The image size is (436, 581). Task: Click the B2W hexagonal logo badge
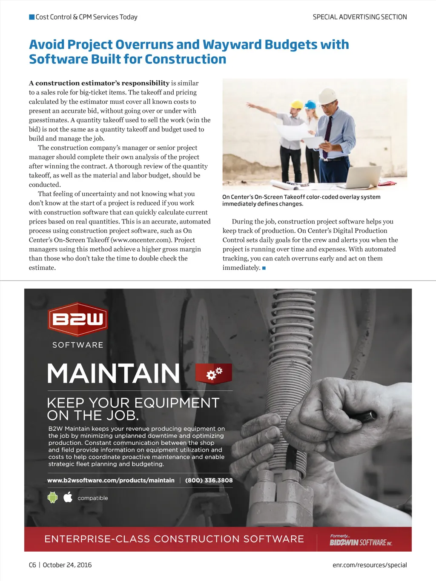pyautogui.click(x=77, y=319)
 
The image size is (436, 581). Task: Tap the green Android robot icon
pyautogui.click(x=52, y=497)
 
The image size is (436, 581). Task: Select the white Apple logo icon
pyautogui.click(x=68, y=497)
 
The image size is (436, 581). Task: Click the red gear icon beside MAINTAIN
pyautogui.click(x=214, y=373)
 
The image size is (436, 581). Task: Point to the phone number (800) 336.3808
pyautogui.click(x=209, y=480)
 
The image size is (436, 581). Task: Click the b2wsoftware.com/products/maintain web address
pyautogui.click(x=111, y=480)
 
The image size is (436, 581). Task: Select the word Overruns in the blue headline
pyautogui.click(x=144, y=44)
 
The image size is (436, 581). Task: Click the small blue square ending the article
pyautogui.click(x=264, y=268)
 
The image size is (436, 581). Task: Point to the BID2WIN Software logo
pyautogui.click(x=361, y=541)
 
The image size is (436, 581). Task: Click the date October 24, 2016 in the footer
pyautogui.click(x=67, y=565)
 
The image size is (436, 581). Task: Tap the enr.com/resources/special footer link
pyautogui.click(x=370, y=565)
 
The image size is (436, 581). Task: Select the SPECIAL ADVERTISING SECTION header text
pyautogui.click(x=360, y=17)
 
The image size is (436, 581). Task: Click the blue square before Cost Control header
pyautogui.click(x=32, y=17)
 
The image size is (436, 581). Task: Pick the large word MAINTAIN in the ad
pyautogui.click(x=113, y=374)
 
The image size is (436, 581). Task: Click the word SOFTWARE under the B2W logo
pyautogui.click(x=77, y=345)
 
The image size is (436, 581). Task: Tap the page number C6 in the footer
pyautogui.click(x=32, y=565)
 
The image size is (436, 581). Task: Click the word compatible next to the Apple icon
pyautogui.click(x=93, y=498)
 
